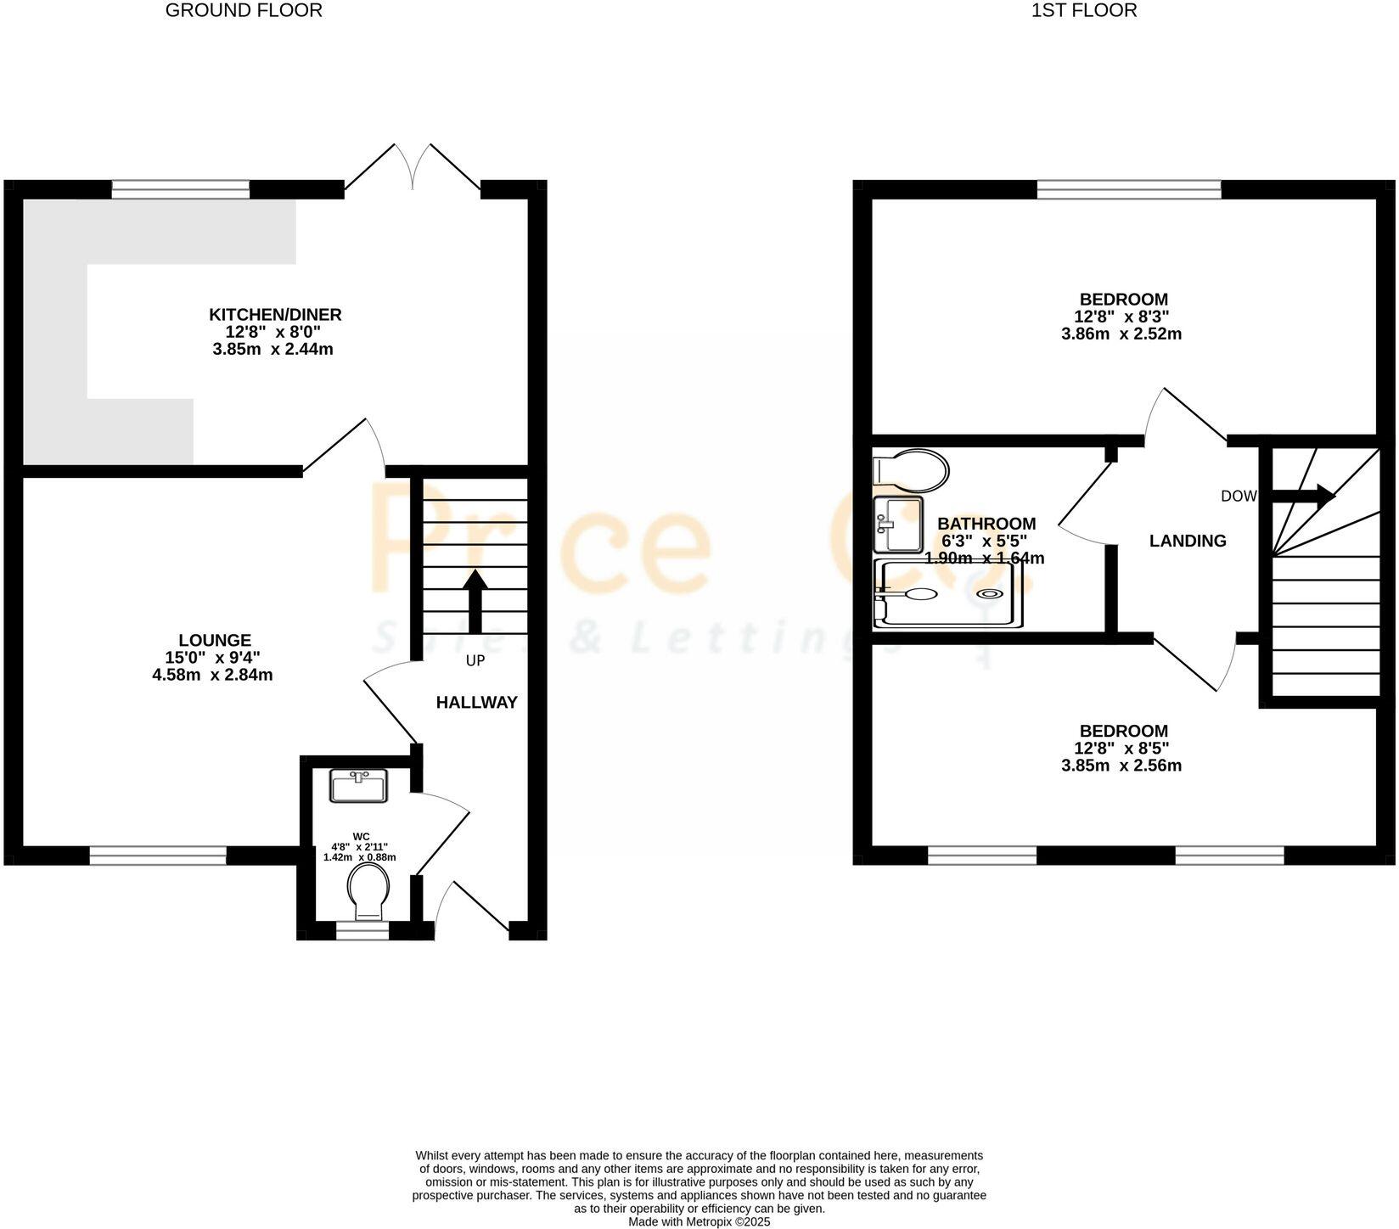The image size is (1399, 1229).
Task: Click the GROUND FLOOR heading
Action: (244, 11)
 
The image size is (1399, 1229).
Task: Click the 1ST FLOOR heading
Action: (1084, 11)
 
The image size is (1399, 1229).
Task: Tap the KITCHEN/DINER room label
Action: (275, 315)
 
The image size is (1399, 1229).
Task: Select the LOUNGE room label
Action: (215, 640)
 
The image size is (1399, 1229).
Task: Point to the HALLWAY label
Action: (476, 703)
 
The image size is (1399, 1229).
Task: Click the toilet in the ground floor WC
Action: (368, 890)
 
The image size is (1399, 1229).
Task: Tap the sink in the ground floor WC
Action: (358, 786)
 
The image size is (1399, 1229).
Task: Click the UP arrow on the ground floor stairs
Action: (475, 602)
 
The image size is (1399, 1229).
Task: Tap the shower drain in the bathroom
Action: (991, 595)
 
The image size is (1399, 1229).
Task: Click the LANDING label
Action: (1188, 541)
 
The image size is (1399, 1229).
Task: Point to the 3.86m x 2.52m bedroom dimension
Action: (1121, 334)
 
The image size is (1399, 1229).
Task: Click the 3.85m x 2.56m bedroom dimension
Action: (1121, 766)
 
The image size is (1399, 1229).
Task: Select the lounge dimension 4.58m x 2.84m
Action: (212, 676)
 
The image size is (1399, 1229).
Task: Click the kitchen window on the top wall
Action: (181, 188)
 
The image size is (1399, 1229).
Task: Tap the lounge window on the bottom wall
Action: (158, 856)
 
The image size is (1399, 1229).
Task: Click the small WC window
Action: (362, 931)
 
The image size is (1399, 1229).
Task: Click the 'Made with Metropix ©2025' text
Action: (699, 1222)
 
